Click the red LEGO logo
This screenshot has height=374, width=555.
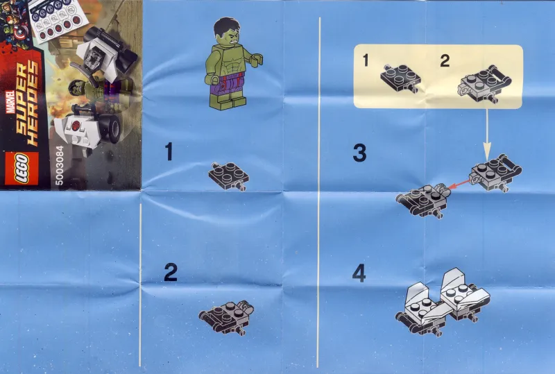point(21,169)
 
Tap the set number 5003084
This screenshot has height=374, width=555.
point(60,165)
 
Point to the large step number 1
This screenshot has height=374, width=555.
point(169,151)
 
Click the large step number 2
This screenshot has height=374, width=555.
point(171,273)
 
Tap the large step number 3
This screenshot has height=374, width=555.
point(359,153)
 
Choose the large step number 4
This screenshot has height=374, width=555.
point(359,274)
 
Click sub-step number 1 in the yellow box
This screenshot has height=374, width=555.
point(366,60)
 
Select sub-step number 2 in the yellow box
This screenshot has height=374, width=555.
point(445,60)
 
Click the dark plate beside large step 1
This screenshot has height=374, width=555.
point(229,176)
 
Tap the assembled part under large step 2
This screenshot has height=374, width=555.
point(227,317)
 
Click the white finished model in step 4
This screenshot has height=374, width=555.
point(443,301)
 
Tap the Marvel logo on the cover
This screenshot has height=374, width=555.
point(10,102)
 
